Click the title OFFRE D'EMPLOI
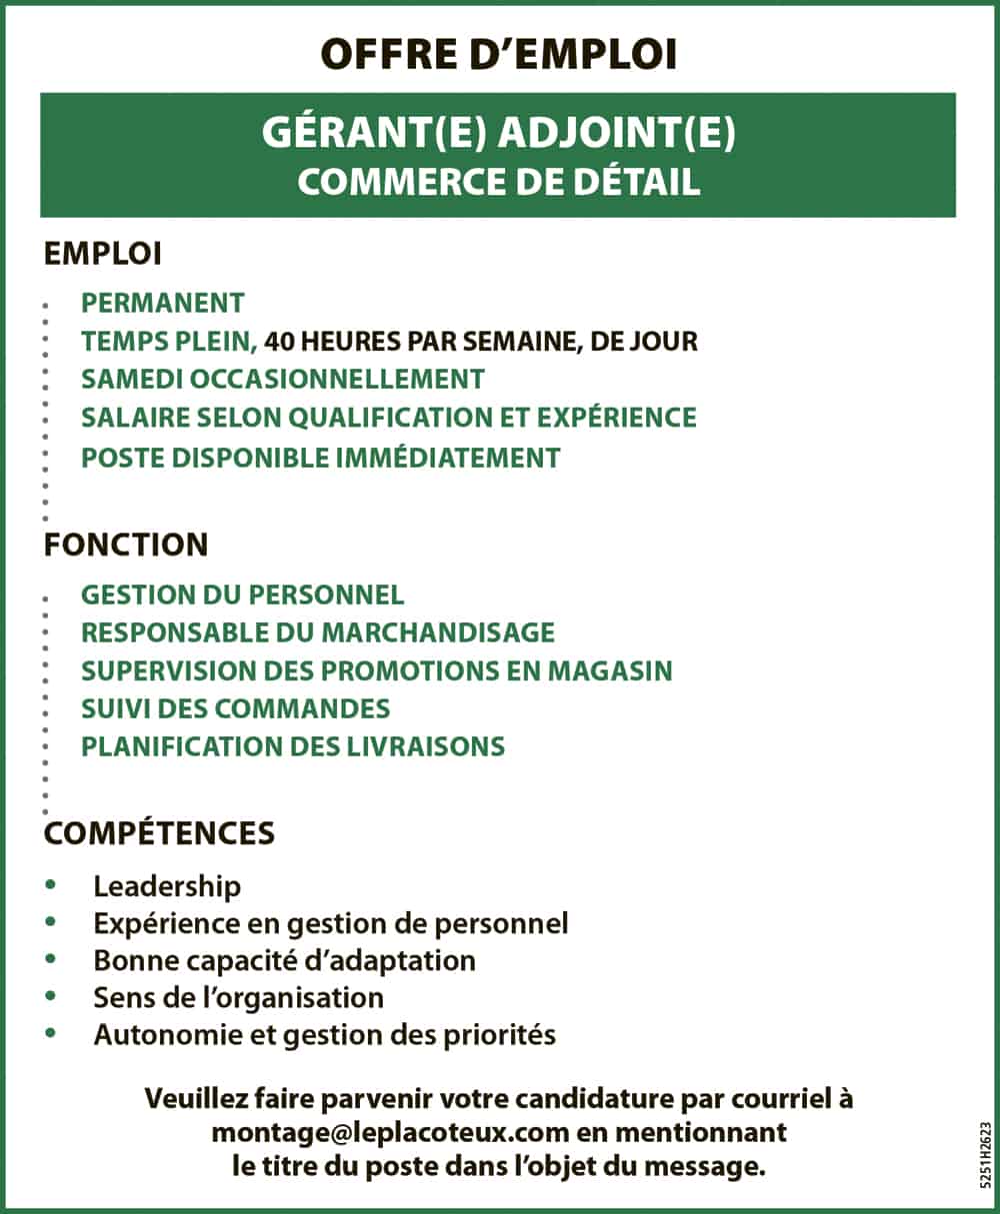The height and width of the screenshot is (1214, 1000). point(499,55)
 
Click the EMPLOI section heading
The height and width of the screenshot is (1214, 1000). point(102,254)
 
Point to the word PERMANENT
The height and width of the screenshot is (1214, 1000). point(163,303)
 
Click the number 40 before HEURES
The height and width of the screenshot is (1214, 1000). point(280,341)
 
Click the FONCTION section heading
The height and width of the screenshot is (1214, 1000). point(126,545)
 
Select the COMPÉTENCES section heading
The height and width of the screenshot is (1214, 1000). point(159,832)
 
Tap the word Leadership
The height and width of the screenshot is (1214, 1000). point(167,886)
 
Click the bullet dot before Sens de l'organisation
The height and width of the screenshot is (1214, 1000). point(51,996)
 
